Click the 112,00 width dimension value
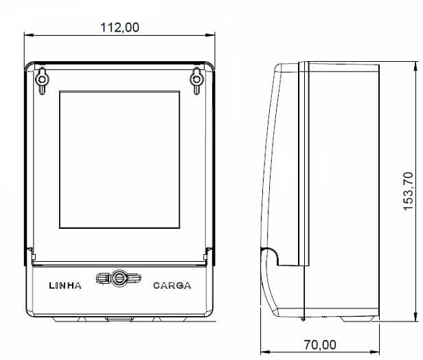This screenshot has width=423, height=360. click(119, 27)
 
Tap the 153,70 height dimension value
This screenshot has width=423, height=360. click(408, 191)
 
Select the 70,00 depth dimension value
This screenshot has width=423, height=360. click(320, 345)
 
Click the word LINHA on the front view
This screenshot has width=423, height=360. click(65, 286)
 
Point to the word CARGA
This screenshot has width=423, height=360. click(172, 286)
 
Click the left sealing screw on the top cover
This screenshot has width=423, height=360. click(42, 80)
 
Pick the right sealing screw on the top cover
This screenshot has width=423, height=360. click(196, 80)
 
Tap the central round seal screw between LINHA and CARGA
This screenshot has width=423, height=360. click(119, 278)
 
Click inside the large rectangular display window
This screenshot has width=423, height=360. click(119, 160)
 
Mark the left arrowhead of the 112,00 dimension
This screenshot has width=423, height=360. click(28, 35)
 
